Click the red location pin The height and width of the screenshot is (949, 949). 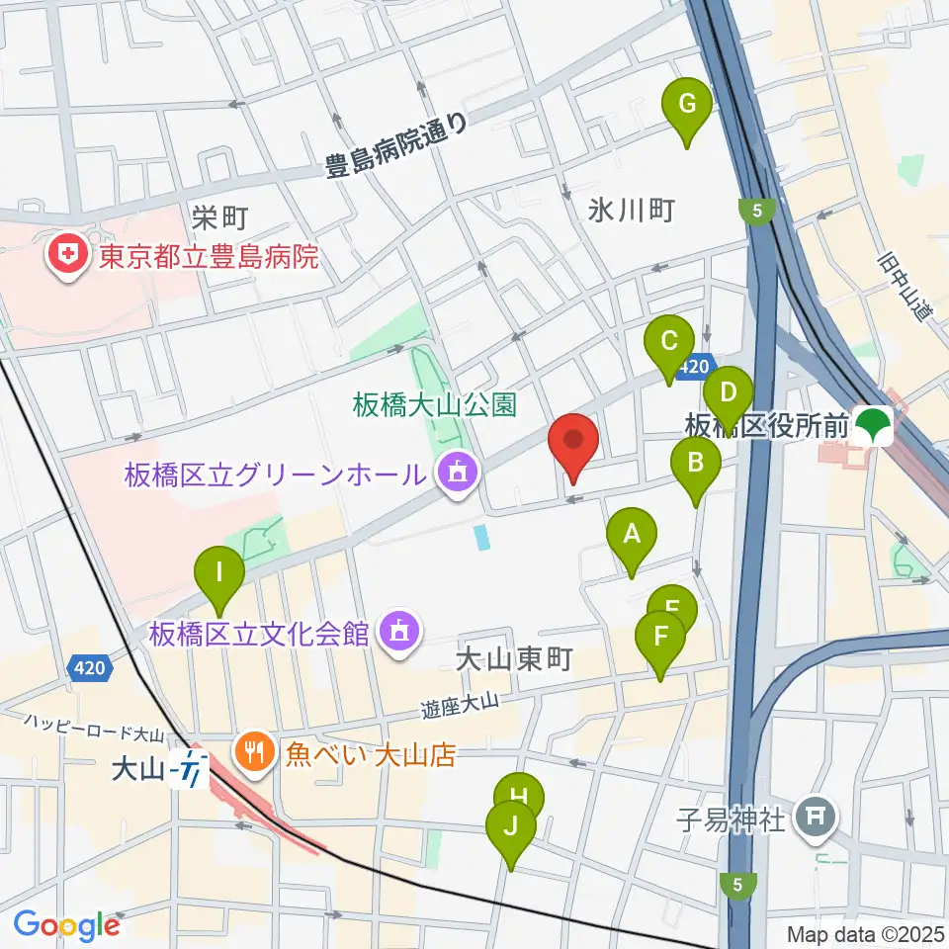[573, 445]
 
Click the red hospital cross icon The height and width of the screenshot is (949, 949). [68, 257]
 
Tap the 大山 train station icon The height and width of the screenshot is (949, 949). [189, 767]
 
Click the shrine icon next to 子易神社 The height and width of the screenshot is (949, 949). [817, 819]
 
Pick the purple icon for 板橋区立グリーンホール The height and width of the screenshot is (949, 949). [456, 474]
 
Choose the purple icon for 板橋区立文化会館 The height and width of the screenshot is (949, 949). [398, 631]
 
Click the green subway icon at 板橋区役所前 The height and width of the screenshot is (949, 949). [872, 426]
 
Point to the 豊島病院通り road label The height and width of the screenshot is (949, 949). [395, 148]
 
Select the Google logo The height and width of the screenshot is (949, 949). [66, 925]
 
